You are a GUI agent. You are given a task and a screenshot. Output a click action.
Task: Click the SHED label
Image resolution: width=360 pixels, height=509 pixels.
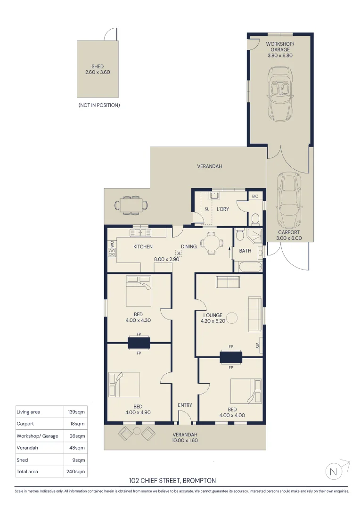pos(98,66)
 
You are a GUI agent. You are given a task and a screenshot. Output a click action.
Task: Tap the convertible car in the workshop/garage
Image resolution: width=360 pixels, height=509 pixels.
pos(280,94)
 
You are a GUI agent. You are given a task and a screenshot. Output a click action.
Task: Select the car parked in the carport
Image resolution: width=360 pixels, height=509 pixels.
pos(289,200)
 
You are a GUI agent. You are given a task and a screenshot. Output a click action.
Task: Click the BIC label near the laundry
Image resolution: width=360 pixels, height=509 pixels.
pos(255,196)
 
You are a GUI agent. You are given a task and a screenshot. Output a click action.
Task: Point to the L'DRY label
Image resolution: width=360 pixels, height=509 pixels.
pos(223,209)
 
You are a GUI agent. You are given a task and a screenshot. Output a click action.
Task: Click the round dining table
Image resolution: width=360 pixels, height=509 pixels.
pos(211,243)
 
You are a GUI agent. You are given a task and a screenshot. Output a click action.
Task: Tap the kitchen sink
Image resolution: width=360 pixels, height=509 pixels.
pos(140,232)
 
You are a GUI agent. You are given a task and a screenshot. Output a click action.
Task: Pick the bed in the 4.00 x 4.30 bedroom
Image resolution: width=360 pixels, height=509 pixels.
pos(139,291)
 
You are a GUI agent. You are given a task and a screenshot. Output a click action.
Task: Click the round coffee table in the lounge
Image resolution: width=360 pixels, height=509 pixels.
pos(232,318)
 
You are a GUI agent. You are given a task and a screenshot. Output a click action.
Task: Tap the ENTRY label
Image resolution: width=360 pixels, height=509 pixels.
pos(185,405)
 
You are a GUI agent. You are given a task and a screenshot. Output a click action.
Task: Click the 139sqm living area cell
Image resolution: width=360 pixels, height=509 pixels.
pos(76,412)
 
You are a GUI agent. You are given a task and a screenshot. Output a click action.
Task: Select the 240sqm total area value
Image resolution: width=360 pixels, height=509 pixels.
pos(76,471)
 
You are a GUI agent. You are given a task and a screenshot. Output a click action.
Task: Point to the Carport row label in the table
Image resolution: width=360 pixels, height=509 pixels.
pos(25,424)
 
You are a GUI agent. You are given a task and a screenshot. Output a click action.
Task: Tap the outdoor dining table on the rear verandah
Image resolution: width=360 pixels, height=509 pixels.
pos(131,205)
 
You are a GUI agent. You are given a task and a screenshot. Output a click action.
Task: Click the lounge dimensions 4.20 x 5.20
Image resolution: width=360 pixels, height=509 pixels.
pos(213,321)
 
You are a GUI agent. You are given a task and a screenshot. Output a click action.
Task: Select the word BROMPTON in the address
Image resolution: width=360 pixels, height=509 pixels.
pos(199,480)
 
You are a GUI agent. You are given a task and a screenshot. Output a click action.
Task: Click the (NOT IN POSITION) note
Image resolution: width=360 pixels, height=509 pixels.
pos(99,105)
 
